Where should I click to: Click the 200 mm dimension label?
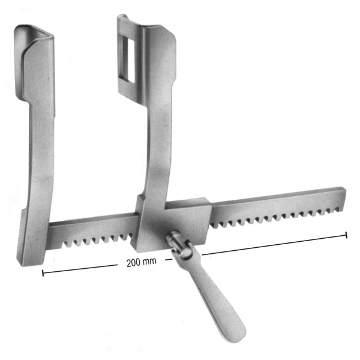[142, 262]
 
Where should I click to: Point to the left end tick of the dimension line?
[43, 273]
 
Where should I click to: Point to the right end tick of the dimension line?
[346, 235]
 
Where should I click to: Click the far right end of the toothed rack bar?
[343, 199]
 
